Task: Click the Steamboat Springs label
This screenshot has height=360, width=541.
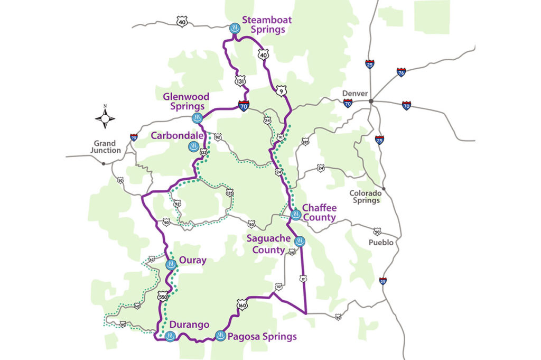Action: (x=267, y=25)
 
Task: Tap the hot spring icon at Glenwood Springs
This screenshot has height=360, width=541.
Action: (x=197, y=117)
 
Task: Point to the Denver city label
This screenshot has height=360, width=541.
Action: (x=355, y=94)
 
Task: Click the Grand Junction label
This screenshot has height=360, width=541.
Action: (x=107, y=146)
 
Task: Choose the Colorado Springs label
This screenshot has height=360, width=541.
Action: (x=365, y=197)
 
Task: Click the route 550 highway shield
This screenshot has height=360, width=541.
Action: (x=163, y=298)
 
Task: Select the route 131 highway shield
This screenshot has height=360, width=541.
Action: (x=240, y=81)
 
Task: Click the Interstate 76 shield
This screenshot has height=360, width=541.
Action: (x=402, y=72)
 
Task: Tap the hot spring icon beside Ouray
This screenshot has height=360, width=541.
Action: (x=171, y=264)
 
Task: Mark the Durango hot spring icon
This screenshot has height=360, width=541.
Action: (x=170, y=336)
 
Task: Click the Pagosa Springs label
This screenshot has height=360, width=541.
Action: (x=263, y=336)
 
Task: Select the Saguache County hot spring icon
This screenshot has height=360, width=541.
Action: (x=300, y=242)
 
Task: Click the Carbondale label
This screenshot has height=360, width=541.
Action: (x=177, y=136)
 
